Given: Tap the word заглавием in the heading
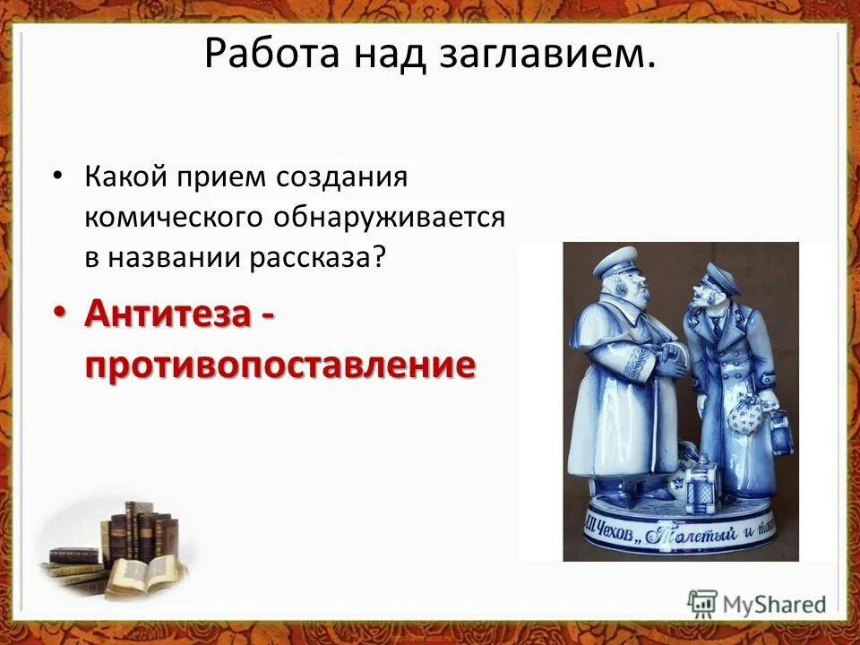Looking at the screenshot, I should click(547, 54).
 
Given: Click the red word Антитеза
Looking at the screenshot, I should click(169, 315).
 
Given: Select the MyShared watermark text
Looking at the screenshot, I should click(774, 604).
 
